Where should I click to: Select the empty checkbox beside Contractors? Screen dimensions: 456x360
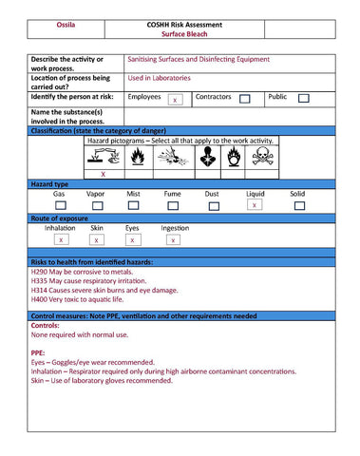(245, 99)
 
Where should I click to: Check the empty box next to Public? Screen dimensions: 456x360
(303, 98)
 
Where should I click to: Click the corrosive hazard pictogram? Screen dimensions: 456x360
(103, 158)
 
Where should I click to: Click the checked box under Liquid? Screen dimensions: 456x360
(255, 205)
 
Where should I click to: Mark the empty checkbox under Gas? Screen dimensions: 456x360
(59, 205)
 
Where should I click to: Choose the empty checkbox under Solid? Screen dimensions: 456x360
(297, 205)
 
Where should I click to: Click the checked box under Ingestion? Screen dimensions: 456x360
(174, 241)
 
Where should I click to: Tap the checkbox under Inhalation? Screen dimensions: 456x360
(60, 241)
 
